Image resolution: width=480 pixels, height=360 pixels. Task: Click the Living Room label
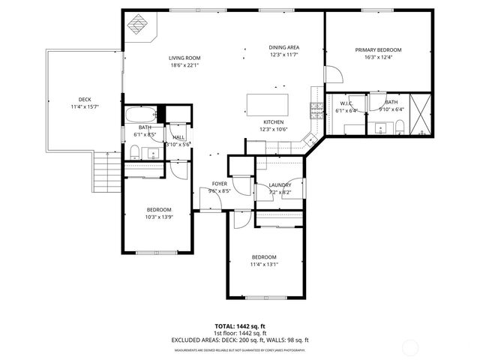(184, 57)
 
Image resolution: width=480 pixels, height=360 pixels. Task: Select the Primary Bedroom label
(379, 50)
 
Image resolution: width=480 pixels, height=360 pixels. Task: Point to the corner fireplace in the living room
(139, 26)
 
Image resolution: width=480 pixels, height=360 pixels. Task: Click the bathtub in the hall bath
(141, 115)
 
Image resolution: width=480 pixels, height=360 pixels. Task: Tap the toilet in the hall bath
(134, 153)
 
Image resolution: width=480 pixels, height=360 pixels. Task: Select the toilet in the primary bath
(400, 125)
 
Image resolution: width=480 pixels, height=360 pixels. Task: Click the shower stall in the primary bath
(422, 114)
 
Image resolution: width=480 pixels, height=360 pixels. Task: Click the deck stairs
(103, 172)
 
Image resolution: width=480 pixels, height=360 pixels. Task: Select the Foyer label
(219, 184)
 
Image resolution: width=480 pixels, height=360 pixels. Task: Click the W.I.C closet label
(346, 103)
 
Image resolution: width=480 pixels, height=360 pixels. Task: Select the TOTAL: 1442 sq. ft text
(241, 326)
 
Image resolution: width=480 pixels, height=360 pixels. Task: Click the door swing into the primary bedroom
(334, 73)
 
